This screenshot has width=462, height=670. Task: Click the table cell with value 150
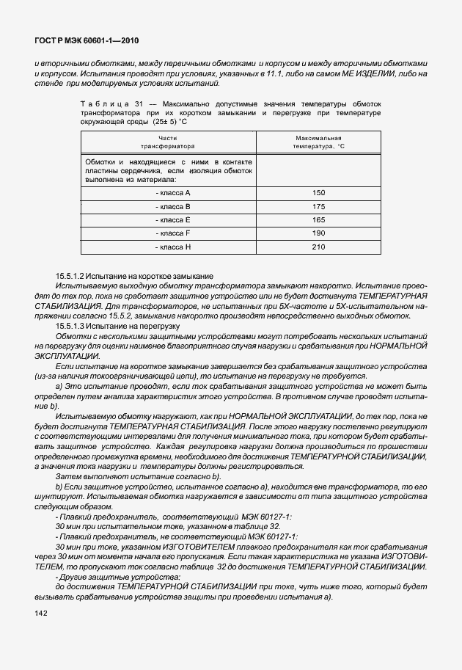[x=318, y=192]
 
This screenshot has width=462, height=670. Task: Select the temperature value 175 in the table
[x=318, y=206]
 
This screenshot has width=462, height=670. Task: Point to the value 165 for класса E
[x=318, y=219]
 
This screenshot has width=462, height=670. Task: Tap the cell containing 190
[x=318, y=233]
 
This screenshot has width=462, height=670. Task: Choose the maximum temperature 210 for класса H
[x=318, y=247]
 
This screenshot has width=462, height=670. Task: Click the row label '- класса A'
[x=173, y=192]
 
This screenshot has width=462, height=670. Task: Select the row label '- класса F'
[x=173, y=233]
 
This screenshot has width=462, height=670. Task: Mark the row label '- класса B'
[x=173, y=206]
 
